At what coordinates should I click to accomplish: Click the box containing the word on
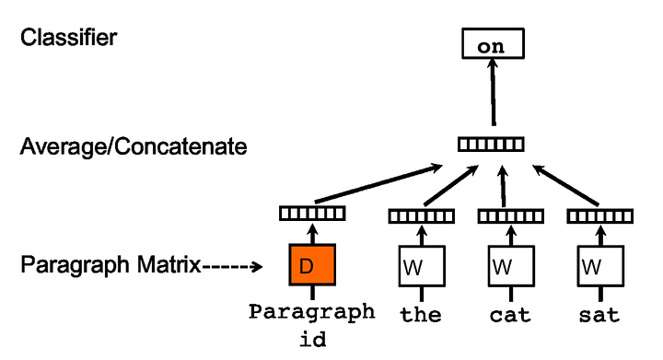coord(492,43)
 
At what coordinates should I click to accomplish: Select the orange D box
coord(312,266)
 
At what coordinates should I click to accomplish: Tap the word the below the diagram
coord(421,315)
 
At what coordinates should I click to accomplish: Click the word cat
coord(510,315)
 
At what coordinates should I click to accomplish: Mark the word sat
coord(599,315)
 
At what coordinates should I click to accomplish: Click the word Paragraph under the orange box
coord(312,311)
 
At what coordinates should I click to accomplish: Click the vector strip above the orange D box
coord(312,214)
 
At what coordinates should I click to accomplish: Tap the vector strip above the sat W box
coord(599,216)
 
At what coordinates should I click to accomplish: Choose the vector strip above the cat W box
coord(510,216)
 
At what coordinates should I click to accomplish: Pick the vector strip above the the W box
coord(421,216)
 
